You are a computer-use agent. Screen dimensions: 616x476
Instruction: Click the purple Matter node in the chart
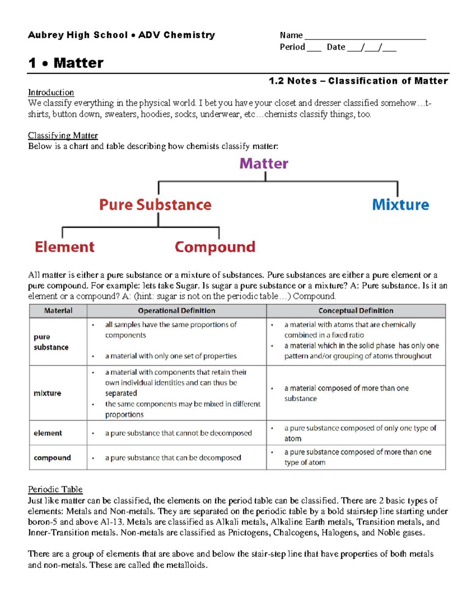[264, 163]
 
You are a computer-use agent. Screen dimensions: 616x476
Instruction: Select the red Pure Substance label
[155, 205]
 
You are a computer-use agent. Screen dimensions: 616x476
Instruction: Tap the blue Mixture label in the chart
[400, 205]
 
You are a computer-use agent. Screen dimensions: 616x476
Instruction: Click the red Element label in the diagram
[65, 247]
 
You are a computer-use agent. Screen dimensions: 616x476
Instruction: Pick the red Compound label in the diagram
[215, 247]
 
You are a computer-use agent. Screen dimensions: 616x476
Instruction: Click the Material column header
[58, 311]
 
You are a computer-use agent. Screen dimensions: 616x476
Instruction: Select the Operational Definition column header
[177, 311]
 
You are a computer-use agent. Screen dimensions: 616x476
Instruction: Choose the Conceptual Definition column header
[356, 311]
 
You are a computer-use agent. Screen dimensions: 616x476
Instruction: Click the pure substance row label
[51, 342]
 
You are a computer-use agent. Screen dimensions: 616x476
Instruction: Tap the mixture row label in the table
[47, 393]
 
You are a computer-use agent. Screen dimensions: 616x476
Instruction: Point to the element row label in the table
[48, 433]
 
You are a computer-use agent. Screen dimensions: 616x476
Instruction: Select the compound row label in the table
[52, 458]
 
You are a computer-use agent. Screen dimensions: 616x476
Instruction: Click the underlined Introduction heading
[51, 92]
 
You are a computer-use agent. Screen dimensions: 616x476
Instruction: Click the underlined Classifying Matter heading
[63, 136]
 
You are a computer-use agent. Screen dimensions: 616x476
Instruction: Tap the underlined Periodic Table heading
[55, 489]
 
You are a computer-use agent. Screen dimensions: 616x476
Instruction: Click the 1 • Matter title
[66, 63]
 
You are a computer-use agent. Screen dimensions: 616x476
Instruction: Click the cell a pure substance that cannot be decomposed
[178, 433]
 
